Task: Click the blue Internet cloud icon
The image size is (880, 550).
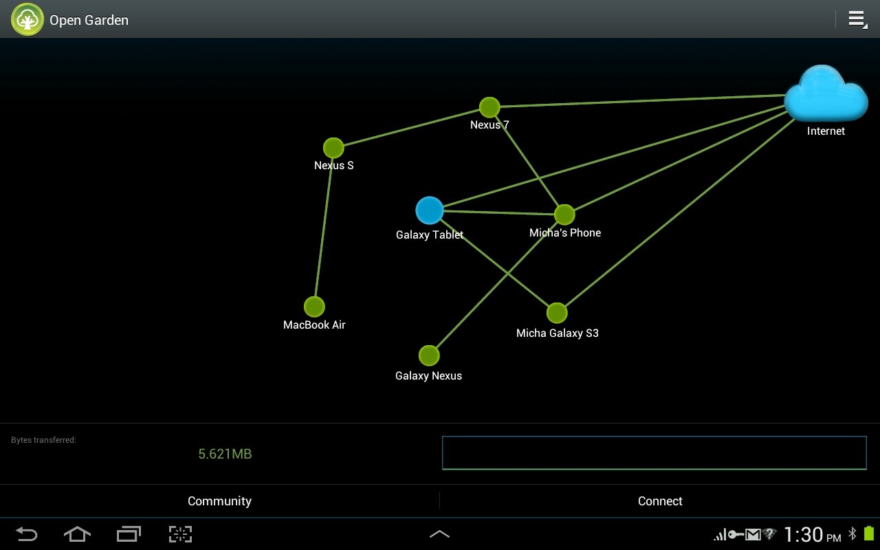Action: [826, 94]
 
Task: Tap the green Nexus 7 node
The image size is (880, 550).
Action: [489, 107]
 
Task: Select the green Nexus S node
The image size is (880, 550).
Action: [333, 148]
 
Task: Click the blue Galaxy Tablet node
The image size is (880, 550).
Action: [430, 210]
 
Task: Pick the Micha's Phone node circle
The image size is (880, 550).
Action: [564, 214]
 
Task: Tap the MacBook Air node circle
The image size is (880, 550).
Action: [314, 307]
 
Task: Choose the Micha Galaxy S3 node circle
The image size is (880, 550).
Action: [557, 313]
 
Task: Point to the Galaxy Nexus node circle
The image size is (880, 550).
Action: [429, 355]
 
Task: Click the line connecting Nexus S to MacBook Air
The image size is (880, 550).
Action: [324, 227]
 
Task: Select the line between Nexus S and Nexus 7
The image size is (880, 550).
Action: [411, 127]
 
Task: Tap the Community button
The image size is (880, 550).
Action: [219, 501]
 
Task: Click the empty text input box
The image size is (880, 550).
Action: [654, 453]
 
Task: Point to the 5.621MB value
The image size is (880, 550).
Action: [225, 454]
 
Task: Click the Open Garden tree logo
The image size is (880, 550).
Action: [27, 19]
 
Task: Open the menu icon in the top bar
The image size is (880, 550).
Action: [857, 19]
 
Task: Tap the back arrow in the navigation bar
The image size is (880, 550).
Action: [26, 534]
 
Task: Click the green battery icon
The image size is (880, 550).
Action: [869, 533]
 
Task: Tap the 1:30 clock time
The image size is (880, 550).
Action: [803, 534]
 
